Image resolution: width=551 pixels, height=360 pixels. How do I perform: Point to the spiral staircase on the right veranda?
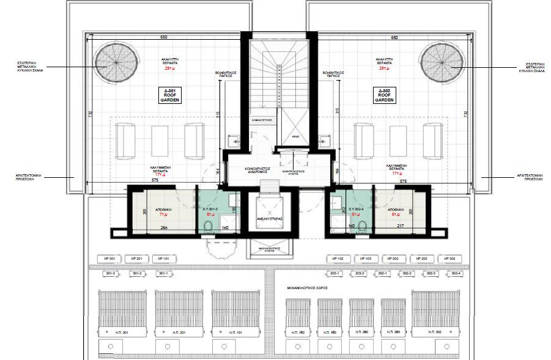point(440,62)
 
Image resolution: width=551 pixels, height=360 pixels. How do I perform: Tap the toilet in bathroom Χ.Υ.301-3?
point(207,228)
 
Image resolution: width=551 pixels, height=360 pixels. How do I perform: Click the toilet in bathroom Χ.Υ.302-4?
point(362,228)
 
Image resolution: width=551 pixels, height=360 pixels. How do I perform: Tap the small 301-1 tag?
point(163,273)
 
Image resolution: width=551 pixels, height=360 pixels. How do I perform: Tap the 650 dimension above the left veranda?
point(163,38)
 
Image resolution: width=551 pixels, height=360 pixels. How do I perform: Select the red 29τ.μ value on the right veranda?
point(384,68)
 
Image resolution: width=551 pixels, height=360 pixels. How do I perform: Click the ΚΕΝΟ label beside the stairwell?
point(295,136)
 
